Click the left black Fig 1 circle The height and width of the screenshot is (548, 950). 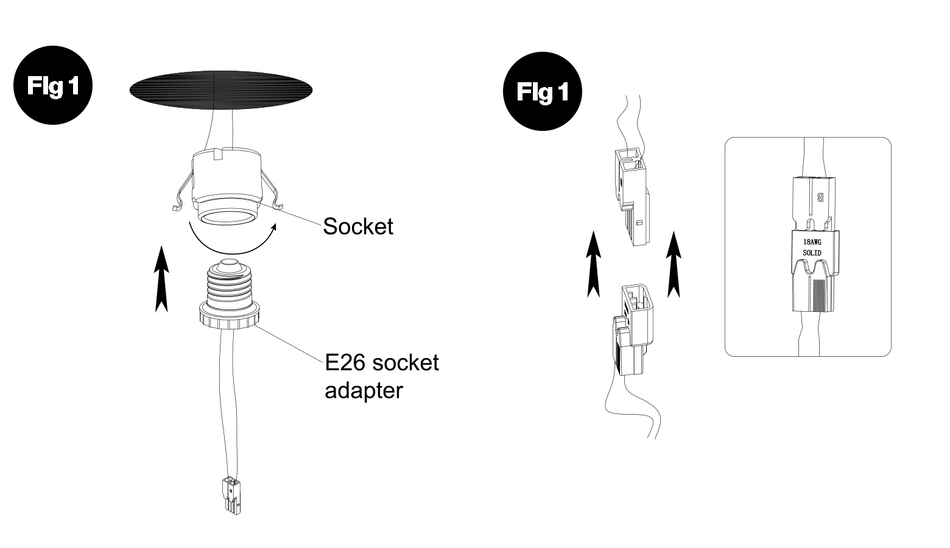tap(53, 85)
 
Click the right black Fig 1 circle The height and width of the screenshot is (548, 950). tap(543, 91)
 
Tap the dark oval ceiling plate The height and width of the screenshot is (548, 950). tap(221, 90)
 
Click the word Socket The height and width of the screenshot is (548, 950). tap(358, 226)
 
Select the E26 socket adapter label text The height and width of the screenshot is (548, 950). tap(382, 376)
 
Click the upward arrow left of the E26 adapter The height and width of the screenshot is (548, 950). tap(161, 279)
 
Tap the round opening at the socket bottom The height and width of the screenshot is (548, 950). tap(228, 219)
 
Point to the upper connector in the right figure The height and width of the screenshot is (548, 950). tap(632, 197)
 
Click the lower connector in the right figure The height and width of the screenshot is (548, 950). tap(632, 329)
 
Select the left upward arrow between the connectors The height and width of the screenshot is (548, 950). tap(594, 264)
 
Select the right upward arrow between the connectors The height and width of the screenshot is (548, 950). tap(674, 264)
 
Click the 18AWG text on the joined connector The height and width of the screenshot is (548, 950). tap(812, 242)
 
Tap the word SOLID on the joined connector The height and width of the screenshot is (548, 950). tap(812, 253)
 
